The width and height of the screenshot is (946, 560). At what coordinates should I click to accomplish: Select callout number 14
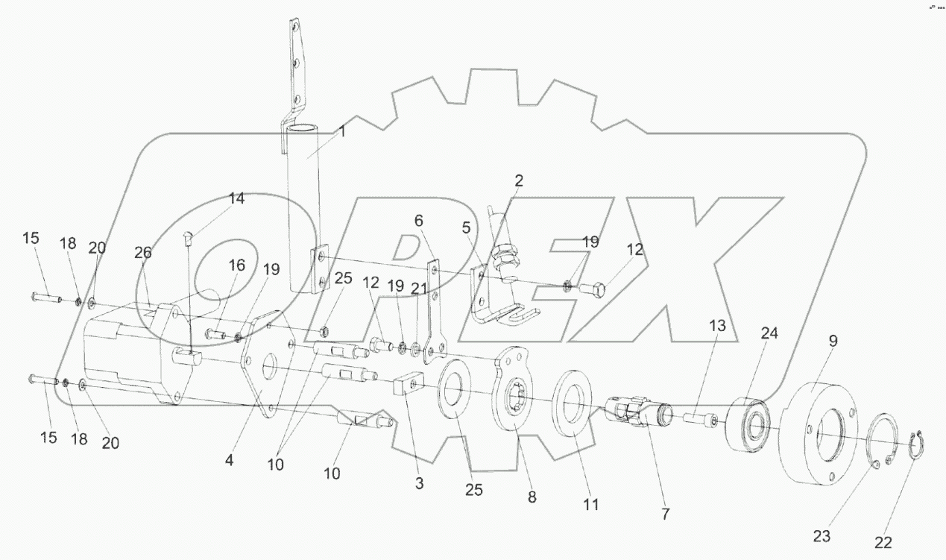(236, 198)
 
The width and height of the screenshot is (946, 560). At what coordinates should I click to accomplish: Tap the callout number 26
(142, 253)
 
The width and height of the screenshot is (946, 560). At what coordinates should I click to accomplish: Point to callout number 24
(769, 333)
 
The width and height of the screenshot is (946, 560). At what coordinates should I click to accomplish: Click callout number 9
(833, 341)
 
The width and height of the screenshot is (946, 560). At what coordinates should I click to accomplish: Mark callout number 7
(665, 514)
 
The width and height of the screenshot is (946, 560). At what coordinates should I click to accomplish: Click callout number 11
(590, 505)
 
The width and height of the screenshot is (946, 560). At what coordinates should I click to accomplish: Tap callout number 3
(420, 483)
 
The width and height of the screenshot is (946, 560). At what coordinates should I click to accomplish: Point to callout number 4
(229, 461)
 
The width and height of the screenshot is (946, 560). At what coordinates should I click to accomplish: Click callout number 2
(518, 180)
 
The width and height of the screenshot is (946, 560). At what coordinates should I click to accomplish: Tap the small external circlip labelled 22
(921, 446)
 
